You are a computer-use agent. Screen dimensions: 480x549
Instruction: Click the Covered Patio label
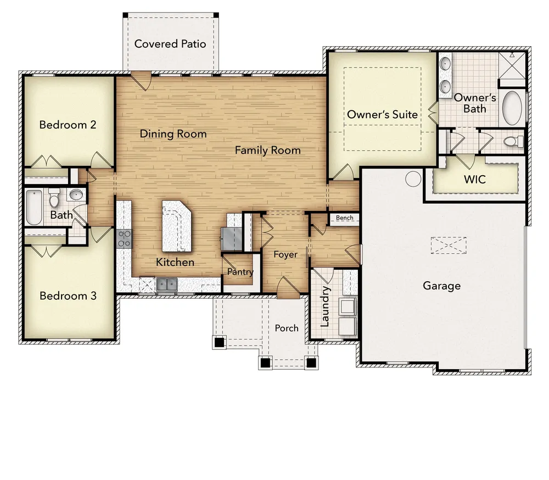pos(170,44)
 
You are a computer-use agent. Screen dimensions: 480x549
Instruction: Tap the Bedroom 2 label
pos(68,125)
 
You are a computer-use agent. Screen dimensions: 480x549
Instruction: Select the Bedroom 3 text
pos(68,296)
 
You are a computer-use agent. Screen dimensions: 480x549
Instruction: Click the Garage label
pos(441,286)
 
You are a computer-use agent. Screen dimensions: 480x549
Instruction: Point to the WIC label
pos(474,180)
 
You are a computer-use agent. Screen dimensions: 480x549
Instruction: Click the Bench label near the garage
pos(344,218)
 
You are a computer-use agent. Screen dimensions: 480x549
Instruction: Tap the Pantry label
pos(240,272)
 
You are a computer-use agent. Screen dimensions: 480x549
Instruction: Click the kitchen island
pos(176,225)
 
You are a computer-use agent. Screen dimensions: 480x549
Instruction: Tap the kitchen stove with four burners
pos(124,238)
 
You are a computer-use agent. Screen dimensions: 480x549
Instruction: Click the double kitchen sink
pos(166,284)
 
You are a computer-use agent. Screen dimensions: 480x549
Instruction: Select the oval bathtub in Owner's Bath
pos(513,108)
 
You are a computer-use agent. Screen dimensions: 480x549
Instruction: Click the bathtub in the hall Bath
pos(34,207)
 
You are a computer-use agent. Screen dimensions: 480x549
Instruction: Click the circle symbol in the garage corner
pos(413,178)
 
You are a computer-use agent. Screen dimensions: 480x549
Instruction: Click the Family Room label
pos(267,150)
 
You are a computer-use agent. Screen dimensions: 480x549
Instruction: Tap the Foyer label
pos(285,255)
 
